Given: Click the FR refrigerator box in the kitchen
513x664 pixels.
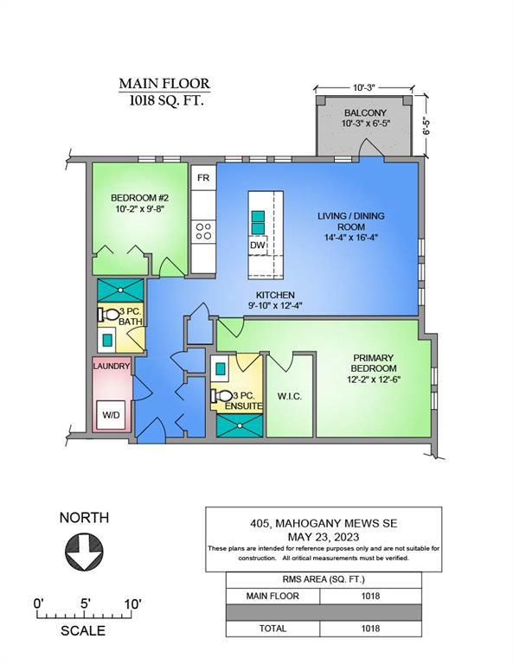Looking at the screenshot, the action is click(203, 177).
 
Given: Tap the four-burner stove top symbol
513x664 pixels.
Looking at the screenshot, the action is click(203, 232).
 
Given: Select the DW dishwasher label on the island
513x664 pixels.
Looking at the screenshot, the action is click(257, 246).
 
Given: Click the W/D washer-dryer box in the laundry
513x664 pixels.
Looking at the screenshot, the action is click(111, 415).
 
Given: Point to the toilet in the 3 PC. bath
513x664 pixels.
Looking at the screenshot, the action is click(109, 315).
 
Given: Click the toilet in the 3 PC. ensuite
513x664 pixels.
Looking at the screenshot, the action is click(221, 396).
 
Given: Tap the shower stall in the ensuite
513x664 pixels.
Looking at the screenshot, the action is click(240, 425).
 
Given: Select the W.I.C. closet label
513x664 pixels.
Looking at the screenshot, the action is click(290, 397).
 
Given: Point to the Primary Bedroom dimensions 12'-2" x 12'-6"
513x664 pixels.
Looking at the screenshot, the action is click(374, 380).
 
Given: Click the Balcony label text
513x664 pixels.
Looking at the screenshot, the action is click(365, 112).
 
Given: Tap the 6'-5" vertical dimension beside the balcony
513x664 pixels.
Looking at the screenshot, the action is click(426, 125).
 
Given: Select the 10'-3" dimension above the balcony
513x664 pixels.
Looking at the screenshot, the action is click(364, 87).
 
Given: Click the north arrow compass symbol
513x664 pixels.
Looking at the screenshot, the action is click(84, 552).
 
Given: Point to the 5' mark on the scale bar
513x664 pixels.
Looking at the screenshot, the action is click(86, 603).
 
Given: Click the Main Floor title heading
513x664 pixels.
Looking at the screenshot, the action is click(164, 83).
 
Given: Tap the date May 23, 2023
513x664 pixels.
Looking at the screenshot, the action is click(324, 537).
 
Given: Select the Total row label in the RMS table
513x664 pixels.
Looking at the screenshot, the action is click(273, 629).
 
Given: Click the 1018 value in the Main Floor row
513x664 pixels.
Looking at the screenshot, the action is click(370, 596).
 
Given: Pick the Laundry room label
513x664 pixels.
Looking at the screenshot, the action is click(111, 366).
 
